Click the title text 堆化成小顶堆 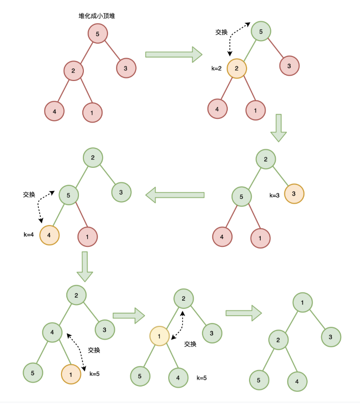[x=97, y=16]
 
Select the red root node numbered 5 [x=97, y=34]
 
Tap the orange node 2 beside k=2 [x=236, y=68]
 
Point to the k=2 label [x=217, y=68]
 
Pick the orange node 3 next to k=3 [x=294, y=194]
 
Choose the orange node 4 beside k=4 [x=49, y=235]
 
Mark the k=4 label [x=29, y=235]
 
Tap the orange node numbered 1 [x=71, y=374]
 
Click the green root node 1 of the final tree [x=302, y=303]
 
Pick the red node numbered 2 [x=73, y=71]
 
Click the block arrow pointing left [x=175, y=195]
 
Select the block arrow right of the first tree [x=173, y=54]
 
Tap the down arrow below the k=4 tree [x=85, y=266]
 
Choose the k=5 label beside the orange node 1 [x=94, y=374]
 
